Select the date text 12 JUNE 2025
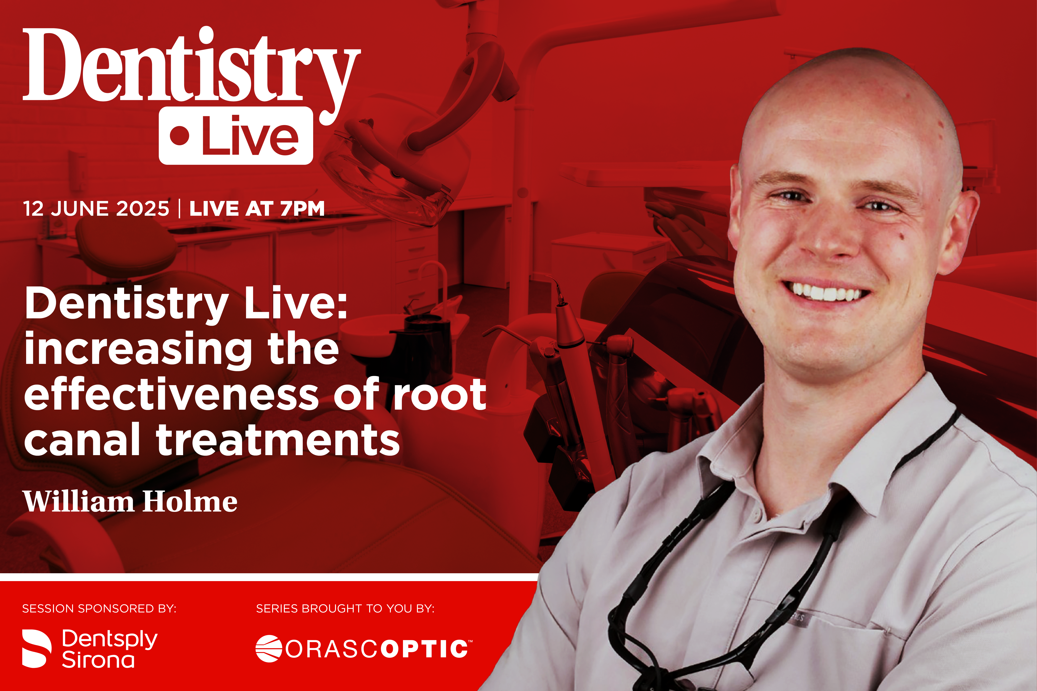(96, 208)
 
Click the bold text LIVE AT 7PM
(257, 208)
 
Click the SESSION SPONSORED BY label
(99, 609)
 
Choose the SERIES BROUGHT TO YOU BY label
(345, 609)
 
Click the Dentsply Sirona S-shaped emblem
(37, 648)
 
